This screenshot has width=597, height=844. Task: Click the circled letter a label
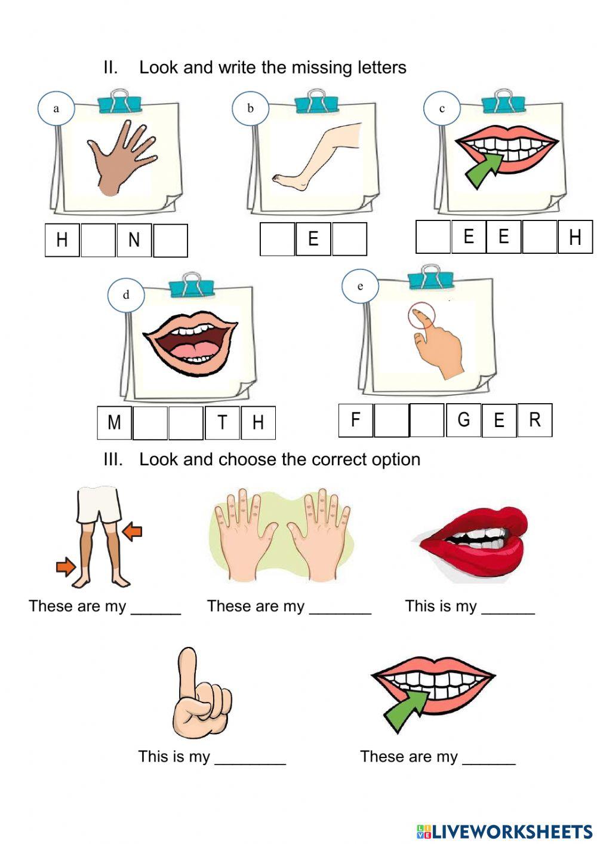pyautogui.click(x=56, y=108)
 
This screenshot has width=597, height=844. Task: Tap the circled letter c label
pyautogui.click(x=442, y=108)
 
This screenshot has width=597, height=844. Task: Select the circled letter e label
pyautogui.click(x=360, y=286)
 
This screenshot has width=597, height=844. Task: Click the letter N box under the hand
pyautogui.click(x=134, y=240)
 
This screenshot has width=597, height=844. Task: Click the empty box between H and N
pyautogui.click(x=98, y=240)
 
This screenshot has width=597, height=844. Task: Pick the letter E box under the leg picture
pyautogui.click(x=313, y=239)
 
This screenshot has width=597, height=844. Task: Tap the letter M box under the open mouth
pyautogui.click(x=114, y=422)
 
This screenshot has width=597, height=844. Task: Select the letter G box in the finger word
pyautogui.click(x=463, y=420)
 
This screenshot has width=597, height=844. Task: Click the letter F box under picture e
pyautogui.click(x=355, y=420)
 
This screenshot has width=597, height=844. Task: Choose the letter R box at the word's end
pyautogui.click(x=534, y=420)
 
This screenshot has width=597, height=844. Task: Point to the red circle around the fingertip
pyautogui.click(x=422, y=315)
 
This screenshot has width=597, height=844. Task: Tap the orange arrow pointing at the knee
pyautogui.click(x=133, y=530)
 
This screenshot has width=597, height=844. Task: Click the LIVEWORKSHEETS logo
pyautogui.click(x=504, y=831)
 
